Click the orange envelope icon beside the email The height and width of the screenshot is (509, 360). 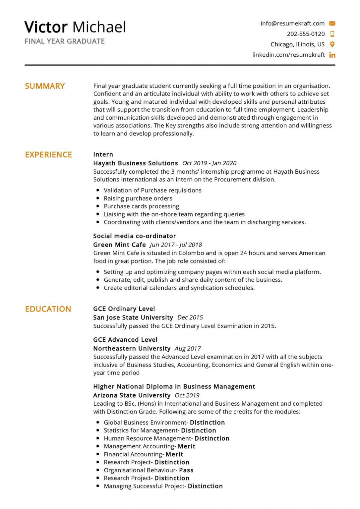(332, 24)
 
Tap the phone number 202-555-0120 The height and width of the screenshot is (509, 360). (306, 34)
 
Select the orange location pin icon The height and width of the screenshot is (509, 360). (332, 44)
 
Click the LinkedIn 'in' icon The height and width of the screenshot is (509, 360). (332, 55)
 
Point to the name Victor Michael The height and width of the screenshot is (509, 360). (75, 27)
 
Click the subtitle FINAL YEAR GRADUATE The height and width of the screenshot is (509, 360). (65, 41)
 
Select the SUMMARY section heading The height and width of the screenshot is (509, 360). (45, 86)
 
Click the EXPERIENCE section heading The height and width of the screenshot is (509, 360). (48, 155)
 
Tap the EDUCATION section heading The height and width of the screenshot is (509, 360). (48, 309)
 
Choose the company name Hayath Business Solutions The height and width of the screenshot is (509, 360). (136, 163)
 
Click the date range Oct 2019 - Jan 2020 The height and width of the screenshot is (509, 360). (209, 163)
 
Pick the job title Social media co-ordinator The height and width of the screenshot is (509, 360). (134, 236)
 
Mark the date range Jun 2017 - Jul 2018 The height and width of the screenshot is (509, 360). (176, 245)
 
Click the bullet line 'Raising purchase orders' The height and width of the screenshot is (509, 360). (138, 198)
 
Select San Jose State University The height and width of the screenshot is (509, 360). (133, 317)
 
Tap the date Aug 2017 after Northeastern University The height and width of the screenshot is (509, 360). (188, 349)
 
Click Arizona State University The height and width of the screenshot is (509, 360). (132, 395)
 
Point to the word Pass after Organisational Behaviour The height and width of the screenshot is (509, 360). (186, 470)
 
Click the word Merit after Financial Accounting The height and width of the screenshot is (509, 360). (174, 454)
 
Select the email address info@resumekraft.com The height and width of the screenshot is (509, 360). (292, 24)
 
